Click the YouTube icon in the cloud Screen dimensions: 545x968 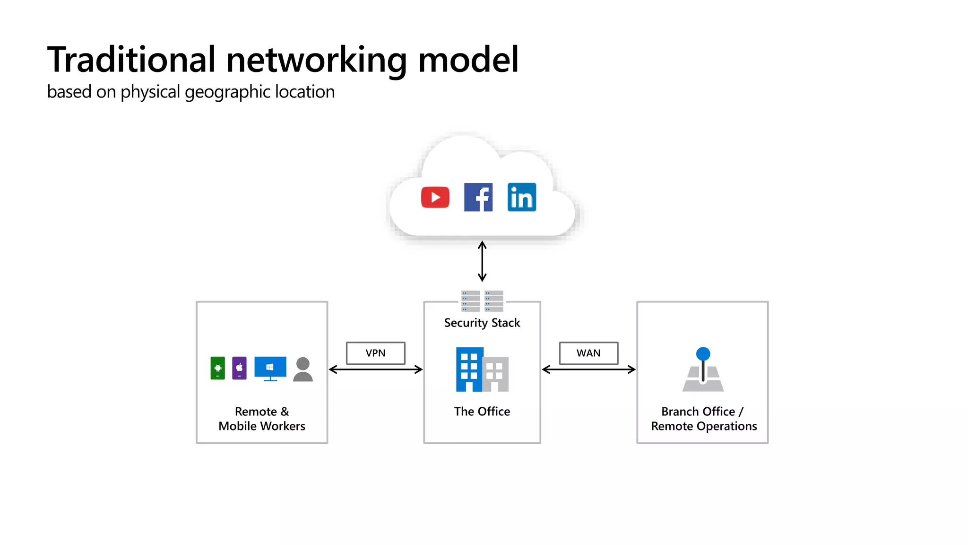pyautogui.click(x=435, y=197)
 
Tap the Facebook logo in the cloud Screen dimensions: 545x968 pyautogui.click(x=478, y=197)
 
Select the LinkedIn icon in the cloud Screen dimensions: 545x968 pyautogui.click(x=522, y=197)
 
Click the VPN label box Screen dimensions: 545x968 pyautogui.click(x=375, y=353)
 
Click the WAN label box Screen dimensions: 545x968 pyautogui.click(x=588, y=353)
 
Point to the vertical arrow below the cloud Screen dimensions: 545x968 pyautogui.click(x=482, y=261)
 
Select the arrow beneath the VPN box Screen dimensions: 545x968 pyautogui.click(x=375, y=369)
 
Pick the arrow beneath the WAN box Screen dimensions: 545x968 pyautogui.click(x=588, y=369)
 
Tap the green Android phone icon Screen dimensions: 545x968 pyautogui.click(x=217, y=368)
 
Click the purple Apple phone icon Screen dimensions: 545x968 pyautogui.click(x=239, y=368)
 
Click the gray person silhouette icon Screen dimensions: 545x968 pyautogui.click(x=303, y=369)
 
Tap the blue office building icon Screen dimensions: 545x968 pyautogui.click(x=469, y=369)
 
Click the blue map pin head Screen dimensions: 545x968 pyautogui.click(x=703, y=354)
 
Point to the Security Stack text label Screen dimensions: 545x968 pyautogui.click(x=482, y=323)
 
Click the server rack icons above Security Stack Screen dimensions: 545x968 pyautogui.click(x=482, y=301)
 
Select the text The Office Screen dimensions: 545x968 pyautogui.click(x=482, y=412)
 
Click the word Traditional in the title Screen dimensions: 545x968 pyautogui.click(x=131, y=60)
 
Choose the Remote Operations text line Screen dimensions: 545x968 pyautogui.click(x=704, y=426)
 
